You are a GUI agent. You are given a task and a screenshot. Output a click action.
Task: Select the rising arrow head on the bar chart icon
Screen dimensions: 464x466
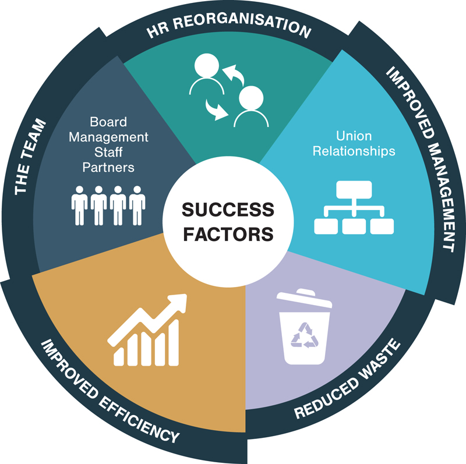178,303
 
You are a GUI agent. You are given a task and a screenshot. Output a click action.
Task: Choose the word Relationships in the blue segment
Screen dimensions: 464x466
354,151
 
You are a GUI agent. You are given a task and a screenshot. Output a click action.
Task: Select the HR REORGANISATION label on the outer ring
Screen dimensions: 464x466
227,26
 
